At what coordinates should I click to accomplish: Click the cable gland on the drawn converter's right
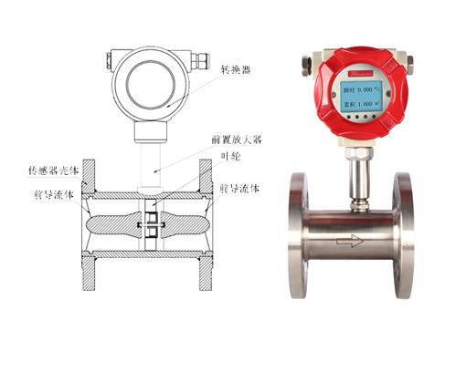197,62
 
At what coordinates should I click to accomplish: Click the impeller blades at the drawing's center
147,225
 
